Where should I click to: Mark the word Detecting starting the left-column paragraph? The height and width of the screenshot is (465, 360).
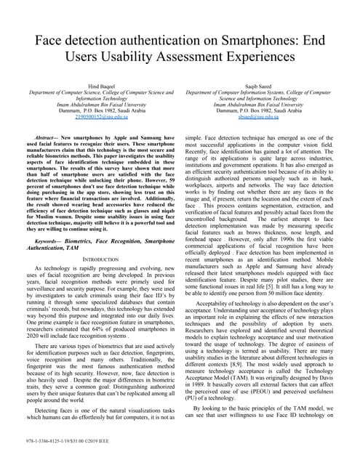point(47,411)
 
